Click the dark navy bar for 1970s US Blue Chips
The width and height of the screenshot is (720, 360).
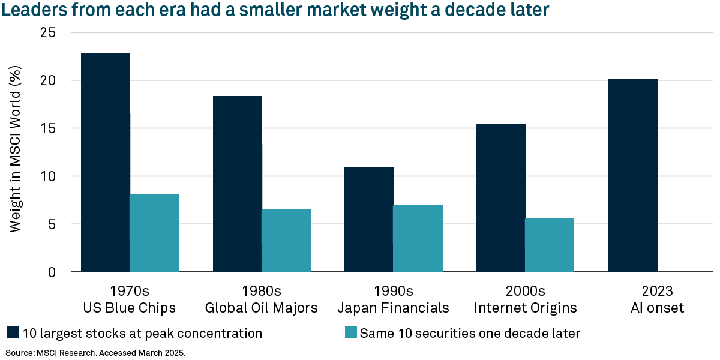click(106, 162)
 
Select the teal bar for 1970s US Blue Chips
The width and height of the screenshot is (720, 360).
click(154, 233)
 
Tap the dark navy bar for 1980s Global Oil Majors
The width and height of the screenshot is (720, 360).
click(237, 184)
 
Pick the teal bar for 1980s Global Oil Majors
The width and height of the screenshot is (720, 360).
click(286, 240)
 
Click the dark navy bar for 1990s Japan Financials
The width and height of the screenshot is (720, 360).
click(369, 219)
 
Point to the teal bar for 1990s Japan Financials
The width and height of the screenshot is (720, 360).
click(418, 238)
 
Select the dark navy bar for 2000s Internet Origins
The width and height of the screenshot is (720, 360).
click(500, 197)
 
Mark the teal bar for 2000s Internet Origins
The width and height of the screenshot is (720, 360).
click(550, 245)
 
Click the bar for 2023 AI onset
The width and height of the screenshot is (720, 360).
click(632, 175)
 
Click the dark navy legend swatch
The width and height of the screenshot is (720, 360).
click(13, 333)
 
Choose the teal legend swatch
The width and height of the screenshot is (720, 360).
click(351, 333)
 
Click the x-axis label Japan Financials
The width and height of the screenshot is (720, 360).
click(393, 308)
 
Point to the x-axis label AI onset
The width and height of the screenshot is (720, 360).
click(656, 308)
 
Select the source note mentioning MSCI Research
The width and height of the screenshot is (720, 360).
click(96, 352)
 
